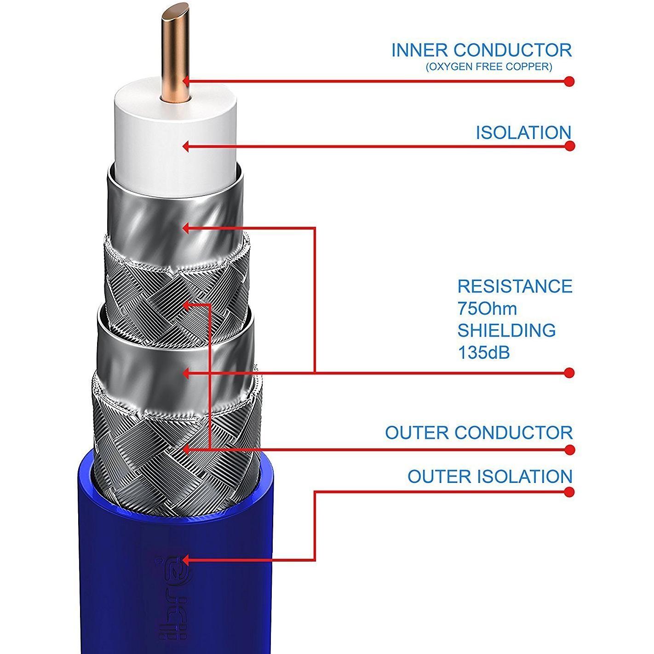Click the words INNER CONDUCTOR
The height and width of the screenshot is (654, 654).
coord(482,50)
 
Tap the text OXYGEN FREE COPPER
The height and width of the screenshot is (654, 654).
coord(488,67)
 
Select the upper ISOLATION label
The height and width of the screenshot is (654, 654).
coord(523,132)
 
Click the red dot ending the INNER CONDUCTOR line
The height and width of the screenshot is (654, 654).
coord(569,81)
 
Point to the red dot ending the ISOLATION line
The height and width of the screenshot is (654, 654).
coord(569,146)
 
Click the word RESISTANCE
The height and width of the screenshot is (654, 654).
coord(515,286)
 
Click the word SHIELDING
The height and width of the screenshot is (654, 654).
coord(506,330)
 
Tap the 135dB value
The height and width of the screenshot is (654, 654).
coord(483,352)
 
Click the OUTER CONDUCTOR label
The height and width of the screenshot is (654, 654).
coord(479,433)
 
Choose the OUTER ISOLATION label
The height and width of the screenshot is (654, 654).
coord(490,476)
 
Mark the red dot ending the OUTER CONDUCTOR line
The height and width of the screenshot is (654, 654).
coord(569,449)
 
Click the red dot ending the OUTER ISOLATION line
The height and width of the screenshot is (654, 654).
coord(569,492)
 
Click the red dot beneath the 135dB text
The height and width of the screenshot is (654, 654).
coord(569,372)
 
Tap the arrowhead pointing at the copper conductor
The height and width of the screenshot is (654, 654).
coord(186,82)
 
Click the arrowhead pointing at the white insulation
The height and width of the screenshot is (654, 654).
coord(186,147)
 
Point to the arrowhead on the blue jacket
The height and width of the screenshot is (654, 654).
coord(186,560)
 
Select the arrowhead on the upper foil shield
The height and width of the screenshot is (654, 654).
coord(186,228)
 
